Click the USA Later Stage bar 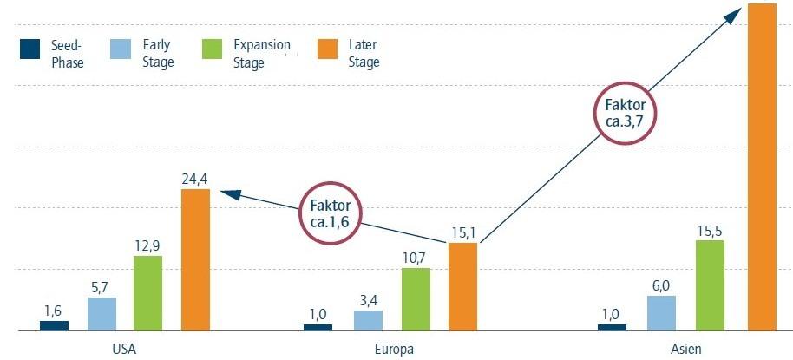click(195, 259)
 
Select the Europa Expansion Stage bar click(416, 299)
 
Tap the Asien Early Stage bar click(661, 313)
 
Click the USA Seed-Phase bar click(54, 325)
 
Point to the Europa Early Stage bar click(368, 320)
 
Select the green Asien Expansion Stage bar click(710, 285)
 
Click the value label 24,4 click(196, 178)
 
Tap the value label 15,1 click(462, 232)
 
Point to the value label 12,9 click(147, 245)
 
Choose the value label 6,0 click(661, 285)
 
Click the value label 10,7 click(416, 257)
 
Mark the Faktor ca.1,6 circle click(329, 213)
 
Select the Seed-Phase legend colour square click(30, 50)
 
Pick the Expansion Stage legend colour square click(212, 50)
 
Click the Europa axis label click(396, 349)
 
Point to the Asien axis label click(685, 349)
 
